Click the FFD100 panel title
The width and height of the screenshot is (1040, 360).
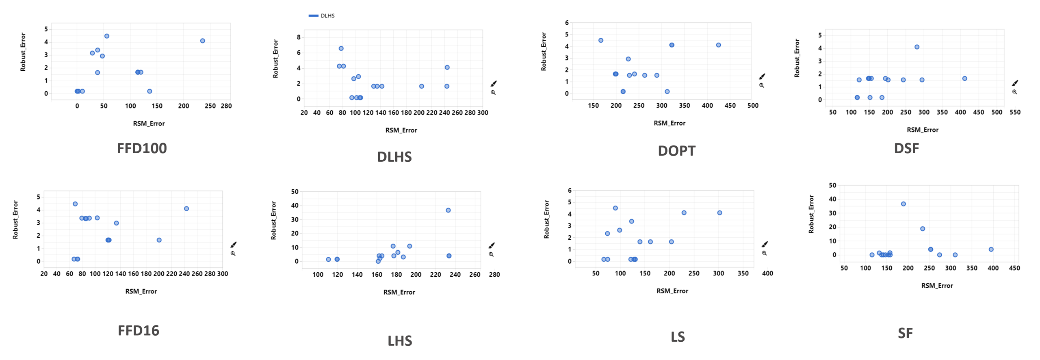142,148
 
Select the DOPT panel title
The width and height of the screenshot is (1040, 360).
676,151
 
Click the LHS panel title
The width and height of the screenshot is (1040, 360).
400,340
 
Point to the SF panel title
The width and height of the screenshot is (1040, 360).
905,333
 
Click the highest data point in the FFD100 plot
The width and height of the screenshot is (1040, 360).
107,36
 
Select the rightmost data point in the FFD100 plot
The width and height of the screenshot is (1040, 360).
202,41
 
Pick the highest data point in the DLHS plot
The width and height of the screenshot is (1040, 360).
341,48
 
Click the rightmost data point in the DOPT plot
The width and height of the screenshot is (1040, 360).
718,45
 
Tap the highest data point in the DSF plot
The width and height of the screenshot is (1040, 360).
917,47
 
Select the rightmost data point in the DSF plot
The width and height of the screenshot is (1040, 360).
964,78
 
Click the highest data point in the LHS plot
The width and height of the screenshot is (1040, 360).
448,210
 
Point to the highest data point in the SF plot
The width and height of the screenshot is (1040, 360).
903,204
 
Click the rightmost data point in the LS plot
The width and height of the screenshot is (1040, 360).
719,213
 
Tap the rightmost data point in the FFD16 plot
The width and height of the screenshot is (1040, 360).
186,208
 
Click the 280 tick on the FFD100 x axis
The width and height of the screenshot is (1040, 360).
226,106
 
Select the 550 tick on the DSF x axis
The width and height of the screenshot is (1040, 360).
1015,112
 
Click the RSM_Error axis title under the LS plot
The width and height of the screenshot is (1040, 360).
672,291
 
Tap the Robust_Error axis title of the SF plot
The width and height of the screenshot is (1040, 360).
811,214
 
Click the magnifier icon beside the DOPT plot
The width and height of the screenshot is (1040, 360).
762,85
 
